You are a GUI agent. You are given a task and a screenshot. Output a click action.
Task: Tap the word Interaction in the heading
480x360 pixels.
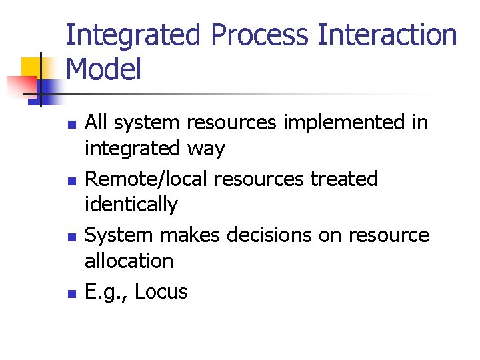[388, 36]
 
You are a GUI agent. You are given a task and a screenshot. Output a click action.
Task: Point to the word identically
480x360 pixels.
[131, 204]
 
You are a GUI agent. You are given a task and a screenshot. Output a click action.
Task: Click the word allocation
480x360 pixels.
[129, 261]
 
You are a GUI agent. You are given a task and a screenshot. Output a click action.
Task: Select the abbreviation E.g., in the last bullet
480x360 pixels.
[107, 291]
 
